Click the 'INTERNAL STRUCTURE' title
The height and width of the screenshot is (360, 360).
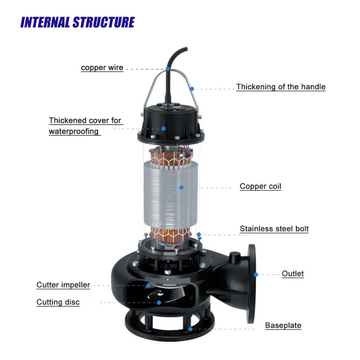click(77, 22)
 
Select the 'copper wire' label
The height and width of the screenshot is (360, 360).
click(102, 68)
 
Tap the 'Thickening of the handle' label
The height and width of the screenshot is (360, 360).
click(281, 87)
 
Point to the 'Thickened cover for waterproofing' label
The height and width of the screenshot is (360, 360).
click(85, 126)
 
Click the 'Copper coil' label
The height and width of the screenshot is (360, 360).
click(260, 186)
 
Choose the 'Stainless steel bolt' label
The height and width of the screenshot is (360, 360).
click(274, 229)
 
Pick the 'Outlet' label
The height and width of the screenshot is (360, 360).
click(292, 274)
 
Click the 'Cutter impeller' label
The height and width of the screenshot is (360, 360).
click(63, 285)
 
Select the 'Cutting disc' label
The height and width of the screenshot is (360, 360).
click(58, 302)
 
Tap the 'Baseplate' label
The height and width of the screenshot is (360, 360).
click(283, 325)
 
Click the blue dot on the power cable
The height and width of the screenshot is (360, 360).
click(167, 69)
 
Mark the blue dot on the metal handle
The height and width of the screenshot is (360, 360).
click(192, 89)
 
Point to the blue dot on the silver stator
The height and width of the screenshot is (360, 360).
click(181, 187)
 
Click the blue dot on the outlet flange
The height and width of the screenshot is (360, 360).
click(256, 274)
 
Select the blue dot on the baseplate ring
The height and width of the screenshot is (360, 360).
click(191, 329)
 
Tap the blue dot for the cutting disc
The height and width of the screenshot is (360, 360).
click(159, 302)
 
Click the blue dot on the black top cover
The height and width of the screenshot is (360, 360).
click(164, 128)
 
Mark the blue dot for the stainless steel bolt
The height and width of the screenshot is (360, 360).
click(198, 234)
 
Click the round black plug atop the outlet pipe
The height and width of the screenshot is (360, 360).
click(234, 257)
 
